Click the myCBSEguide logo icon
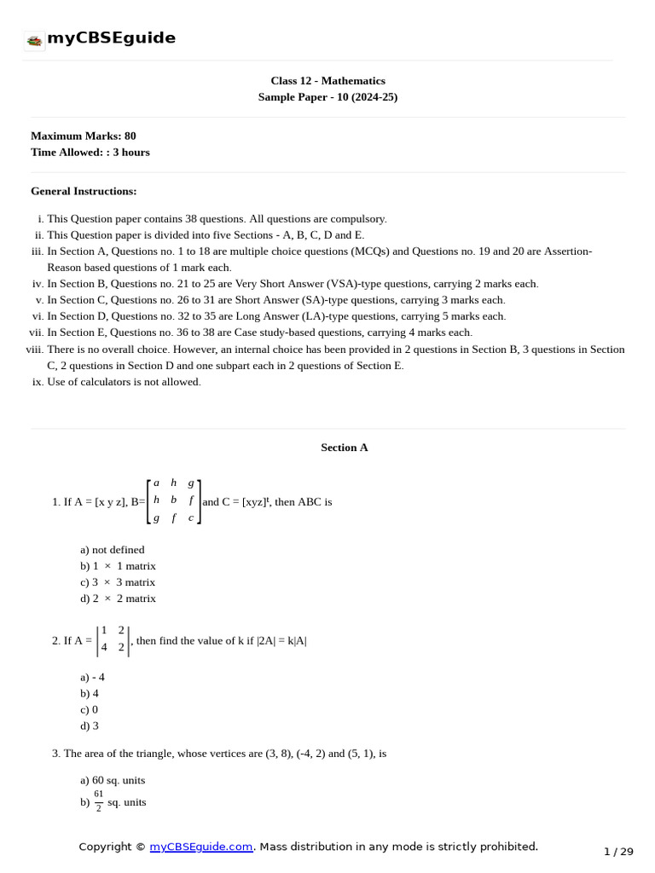pyautogui.click(x=35, y=40)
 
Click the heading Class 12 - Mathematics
pyautogui.click(x=327, y=81)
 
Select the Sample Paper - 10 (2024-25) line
pyautogui.click(x=327, y=97)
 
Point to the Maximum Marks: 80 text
pyautogui.click(x=83, y=136)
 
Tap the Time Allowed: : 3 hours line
pyautogui.click(x=90, y=152)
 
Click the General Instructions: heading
pyautogui.click(x=84, y=191)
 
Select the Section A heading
pyautogui.click(x=344, y=448)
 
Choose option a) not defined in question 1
pyautogui.click(x=113, y=550)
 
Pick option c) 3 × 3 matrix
pyautogui.click(x=118, y=582)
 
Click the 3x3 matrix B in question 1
pyautogui.click(x=174, y=501)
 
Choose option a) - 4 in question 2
pyautogui.click(x=93, y=677)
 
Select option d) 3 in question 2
pyautogui.click(x=90, y=726)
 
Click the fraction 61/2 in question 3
pyautogui.click(x=99, y=801)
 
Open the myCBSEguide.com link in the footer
pyautogui.click(x=201, y=847)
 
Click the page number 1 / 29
pyautogui.click(x=618, y=851)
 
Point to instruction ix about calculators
pyautogui.click(x=124, y=382)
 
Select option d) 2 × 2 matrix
pyautogui.click(x=118, y=598)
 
